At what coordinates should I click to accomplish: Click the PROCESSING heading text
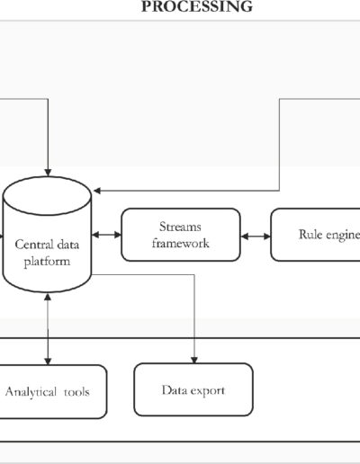pos(197,6)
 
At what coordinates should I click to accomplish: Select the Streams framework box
pos(181,235)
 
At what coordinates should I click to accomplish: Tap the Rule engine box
pos(315,235)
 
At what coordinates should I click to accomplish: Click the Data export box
pos(193,389)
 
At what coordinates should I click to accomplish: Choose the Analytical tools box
pos(52,391)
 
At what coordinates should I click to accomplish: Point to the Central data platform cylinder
pos(47,235)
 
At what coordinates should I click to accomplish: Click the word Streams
pos(180,227)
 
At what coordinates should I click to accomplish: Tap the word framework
pos(180,243)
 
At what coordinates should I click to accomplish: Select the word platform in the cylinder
pos(47,262)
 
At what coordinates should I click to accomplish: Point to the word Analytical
pos(31,392)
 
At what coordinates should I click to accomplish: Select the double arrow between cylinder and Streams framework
pos(106,235)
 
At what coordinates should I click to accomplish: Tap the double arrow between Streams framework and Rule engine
pos(256,236)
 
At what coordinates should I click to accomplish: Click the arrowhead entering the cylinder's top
pos(48,173)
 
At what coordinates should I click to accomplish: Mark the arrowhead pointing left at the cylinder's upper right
pos(97,191)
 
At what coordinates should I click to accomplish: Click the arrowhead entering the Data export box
pos(194,360)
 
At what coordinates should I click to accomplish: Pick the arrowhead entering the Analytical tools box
pos(48,361)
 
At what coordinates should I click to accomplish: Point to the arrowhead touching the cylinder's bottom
pos(48,297)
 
